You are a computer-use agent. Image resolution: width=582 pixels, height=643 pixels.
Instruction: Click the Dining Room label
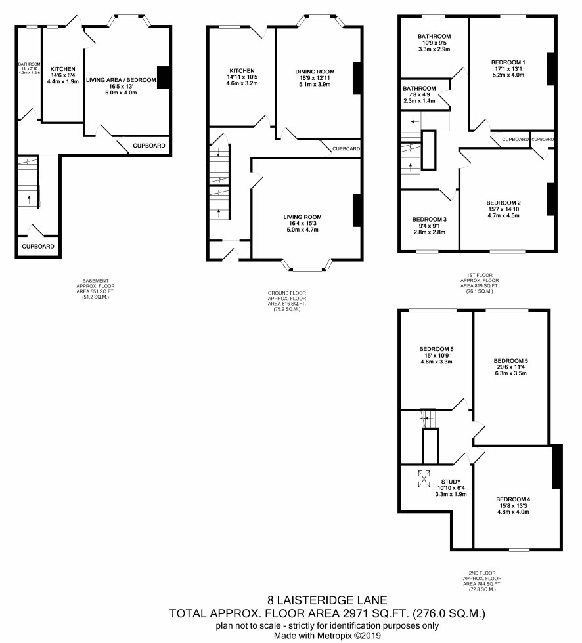pos(315,72)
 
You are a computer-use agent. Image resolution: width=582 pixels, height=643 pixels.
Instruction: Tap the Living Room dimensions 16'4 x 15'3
pos(302,224)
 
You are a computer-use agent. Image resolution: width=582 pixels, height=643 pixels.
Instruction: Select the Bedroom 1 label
pos(508,63)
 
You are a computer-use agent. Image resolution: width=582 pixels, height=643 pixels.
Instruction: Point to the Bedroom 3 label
pos(430,220)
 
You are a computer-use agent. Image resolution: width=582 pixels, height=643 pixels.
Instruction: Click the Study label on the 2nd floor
pos(451,482)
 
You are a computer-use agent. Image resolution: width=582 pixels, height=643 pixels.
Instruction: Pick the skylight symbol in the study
pos(424,479)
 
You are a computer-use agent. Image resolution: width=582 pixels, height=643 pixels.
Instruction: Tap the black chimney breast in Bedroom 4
pos(557,467)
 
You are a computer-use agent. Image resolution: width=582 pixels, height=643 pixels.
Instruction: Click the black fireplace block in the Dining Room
pos(357,78)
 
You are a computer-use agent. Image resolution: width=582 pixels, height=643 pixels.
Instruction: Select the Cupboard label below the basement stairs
pos(37,247)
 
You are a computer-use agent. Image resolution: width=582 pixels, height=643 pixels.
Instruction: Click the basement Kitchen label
pos(63,70)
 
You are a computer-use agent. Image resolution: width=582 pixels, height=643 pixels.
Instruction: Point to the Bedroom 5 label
pos(510,361)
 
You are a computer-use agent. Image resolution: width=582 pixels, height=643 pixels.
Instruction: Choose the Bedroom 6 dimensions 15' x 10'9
pos(436,356)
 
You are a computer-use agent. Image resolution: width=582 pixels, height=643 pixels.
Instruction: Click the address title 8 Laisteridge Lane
pos(327,600)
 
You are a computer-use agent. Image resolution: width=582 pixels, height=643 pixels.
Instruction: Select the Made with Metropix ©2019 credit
pos(327,636)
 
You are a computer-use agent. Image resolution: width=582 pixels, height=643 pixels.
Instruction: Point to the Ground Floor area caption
pos(287,301)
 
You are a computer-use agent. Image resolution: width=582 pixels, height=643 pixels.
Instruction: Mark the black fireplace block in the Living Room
pos(357,211)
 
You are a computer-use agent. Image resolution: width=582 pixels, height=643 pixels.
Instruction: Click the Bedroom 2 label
pos(503,203)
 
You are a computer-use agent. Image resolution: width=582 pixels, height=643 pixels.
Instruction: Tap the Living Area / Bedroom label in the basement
pos(121,80)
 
